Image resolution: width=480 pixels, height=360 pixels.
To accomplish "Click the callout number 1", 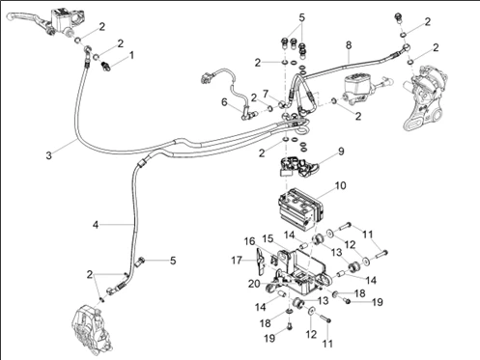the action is (x=131, y=56).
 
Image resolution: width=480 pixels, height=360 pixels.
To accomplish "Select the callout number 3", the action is (x=48, y=155).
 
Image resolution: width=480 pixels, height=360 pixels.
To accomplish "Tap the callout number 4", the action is (x=96, y=225).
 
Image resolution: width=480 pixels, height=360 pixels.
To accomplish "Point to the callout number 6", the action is (x=224, y=102).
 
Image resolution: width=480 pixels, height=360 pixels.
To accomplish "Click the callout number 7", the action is (x=266, y=94).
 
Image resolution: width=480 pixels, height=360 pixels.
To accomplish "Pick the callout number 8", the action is (x=349, y=45).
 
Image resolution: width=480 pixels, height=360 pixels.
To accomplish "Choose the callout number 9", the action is (x=341, y=152).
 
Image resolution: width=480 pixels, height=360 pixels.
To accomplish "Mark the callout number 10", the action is (x=340, y=185).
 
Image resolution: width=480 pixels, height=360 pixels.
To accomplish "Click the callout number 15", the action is (x=268, y=239).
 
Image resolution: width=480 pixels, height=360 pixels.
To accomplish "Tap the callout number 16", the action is (x=249, y=241).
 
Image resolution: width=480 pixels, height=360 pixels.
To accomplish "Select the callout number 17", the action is (x=237, y=260).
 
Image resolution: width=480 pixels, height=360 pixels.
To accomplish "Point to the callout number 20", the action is (x=254, y=284).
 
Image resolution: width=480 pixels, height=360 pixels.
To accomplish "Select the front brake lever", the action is (x=27, y=18).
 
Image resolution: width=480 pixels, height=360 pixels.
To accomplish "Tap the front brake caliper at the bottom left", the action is (x=93, y=329).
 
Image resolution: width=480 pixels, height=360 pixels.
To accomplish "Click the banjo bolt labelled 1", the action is (x=105, y=65).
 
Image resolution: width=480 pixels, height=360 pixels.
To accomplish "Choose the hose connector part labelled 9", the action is (x=297, y=167).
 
